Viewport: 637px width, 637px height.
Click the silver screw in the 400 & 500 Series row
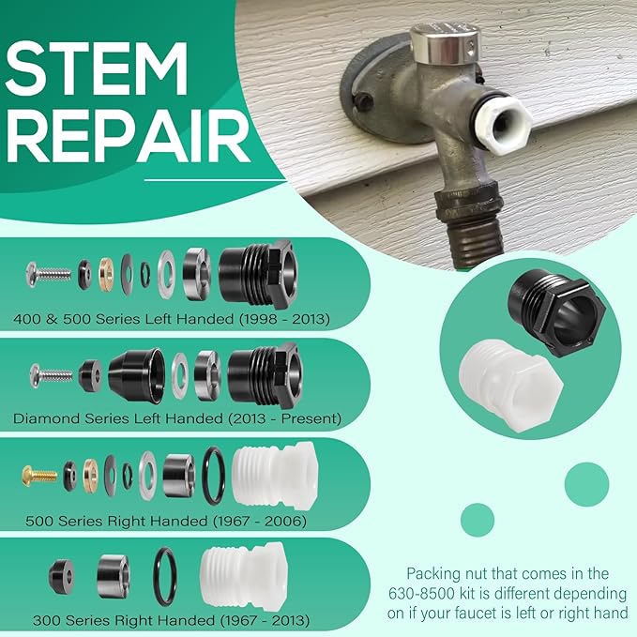[49, 273]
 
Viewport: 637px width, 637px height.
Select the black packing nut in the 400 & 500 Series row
[257, 274]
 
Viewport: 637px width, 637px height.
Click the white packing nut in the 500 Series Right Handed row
[272, 473]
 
